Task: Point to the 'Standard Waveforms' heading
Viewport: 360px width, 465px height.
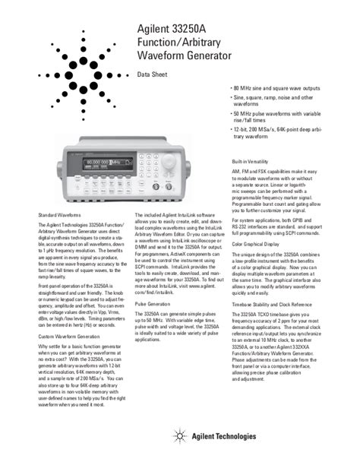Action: [60, 216]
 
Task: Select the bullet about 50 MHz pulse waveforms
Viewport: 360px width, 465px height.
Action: [284, 118]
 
